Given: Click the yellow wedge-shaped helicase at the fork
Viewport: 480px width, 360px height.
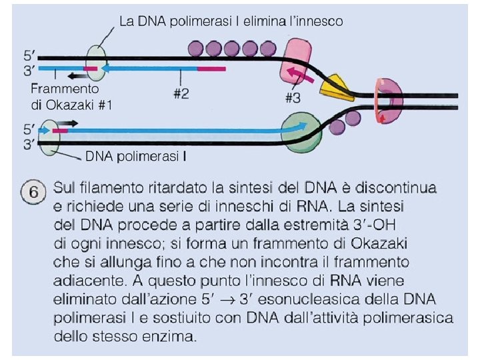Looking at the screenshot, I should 332,85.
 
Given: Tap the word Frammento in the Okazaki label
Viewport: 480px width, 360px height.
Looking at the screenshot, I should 65,88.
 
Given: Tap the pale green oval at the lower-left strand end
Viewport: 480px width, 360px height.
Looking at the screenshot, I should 48,137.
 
